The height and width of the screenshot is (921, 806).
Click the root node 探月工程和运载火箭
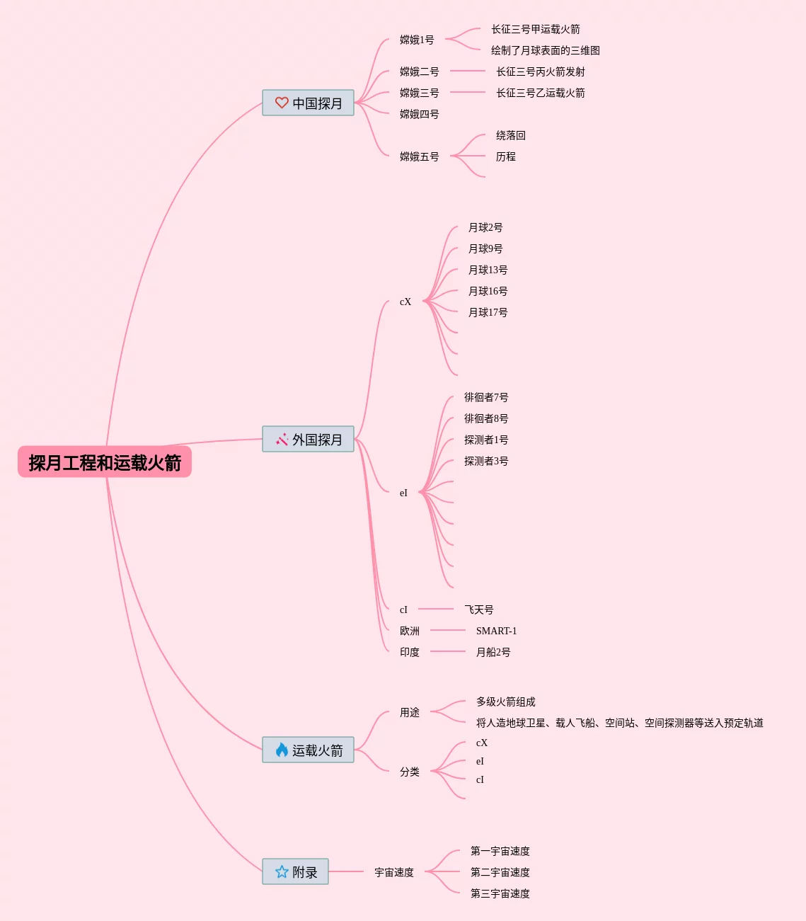[105, 462]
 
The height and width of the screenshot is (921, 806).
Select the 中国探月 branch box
[309, 103]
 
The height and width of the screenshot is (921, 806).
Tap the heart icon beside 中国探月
[282, 103]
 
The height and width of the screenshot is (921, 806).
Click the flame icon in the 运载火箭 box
[282, 750]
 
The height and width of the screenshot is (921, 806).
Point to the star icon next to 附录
[282, 871]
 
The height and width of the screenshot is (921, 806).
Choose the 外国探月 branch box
[309, 439]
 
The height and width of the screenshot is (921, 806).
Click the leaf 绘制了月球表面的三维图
[545, 50]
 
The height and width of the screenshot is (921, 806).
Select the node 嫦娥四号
[419, 114]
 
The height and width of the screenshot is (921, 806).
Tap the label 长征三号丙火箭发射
[541, 71]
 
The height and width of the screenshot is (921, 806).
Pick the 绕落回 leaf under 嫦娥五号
[510, 135]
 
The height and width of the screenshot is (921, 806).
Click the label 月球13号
[488, 270]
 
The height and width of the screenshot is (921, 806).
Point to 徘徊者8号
[485, 418]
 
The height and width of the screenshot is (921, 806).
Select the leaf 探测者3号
[485, 461]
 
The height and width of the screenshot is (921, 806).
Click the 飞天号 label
[478, 610]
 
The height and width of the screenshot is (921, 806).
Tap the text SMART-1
[496, 631]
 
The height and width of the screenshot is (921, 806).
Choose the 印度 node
[409, 652]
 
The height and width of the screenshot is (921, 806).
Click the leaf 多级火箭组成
[505, 702]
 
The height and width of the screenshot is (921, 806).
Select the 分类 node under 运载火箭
[409, 772]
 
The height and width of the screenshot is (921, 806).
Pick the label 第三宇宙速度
[500, 893]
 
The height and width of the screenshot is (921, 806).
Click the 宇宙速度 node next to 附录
[393, 872]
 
